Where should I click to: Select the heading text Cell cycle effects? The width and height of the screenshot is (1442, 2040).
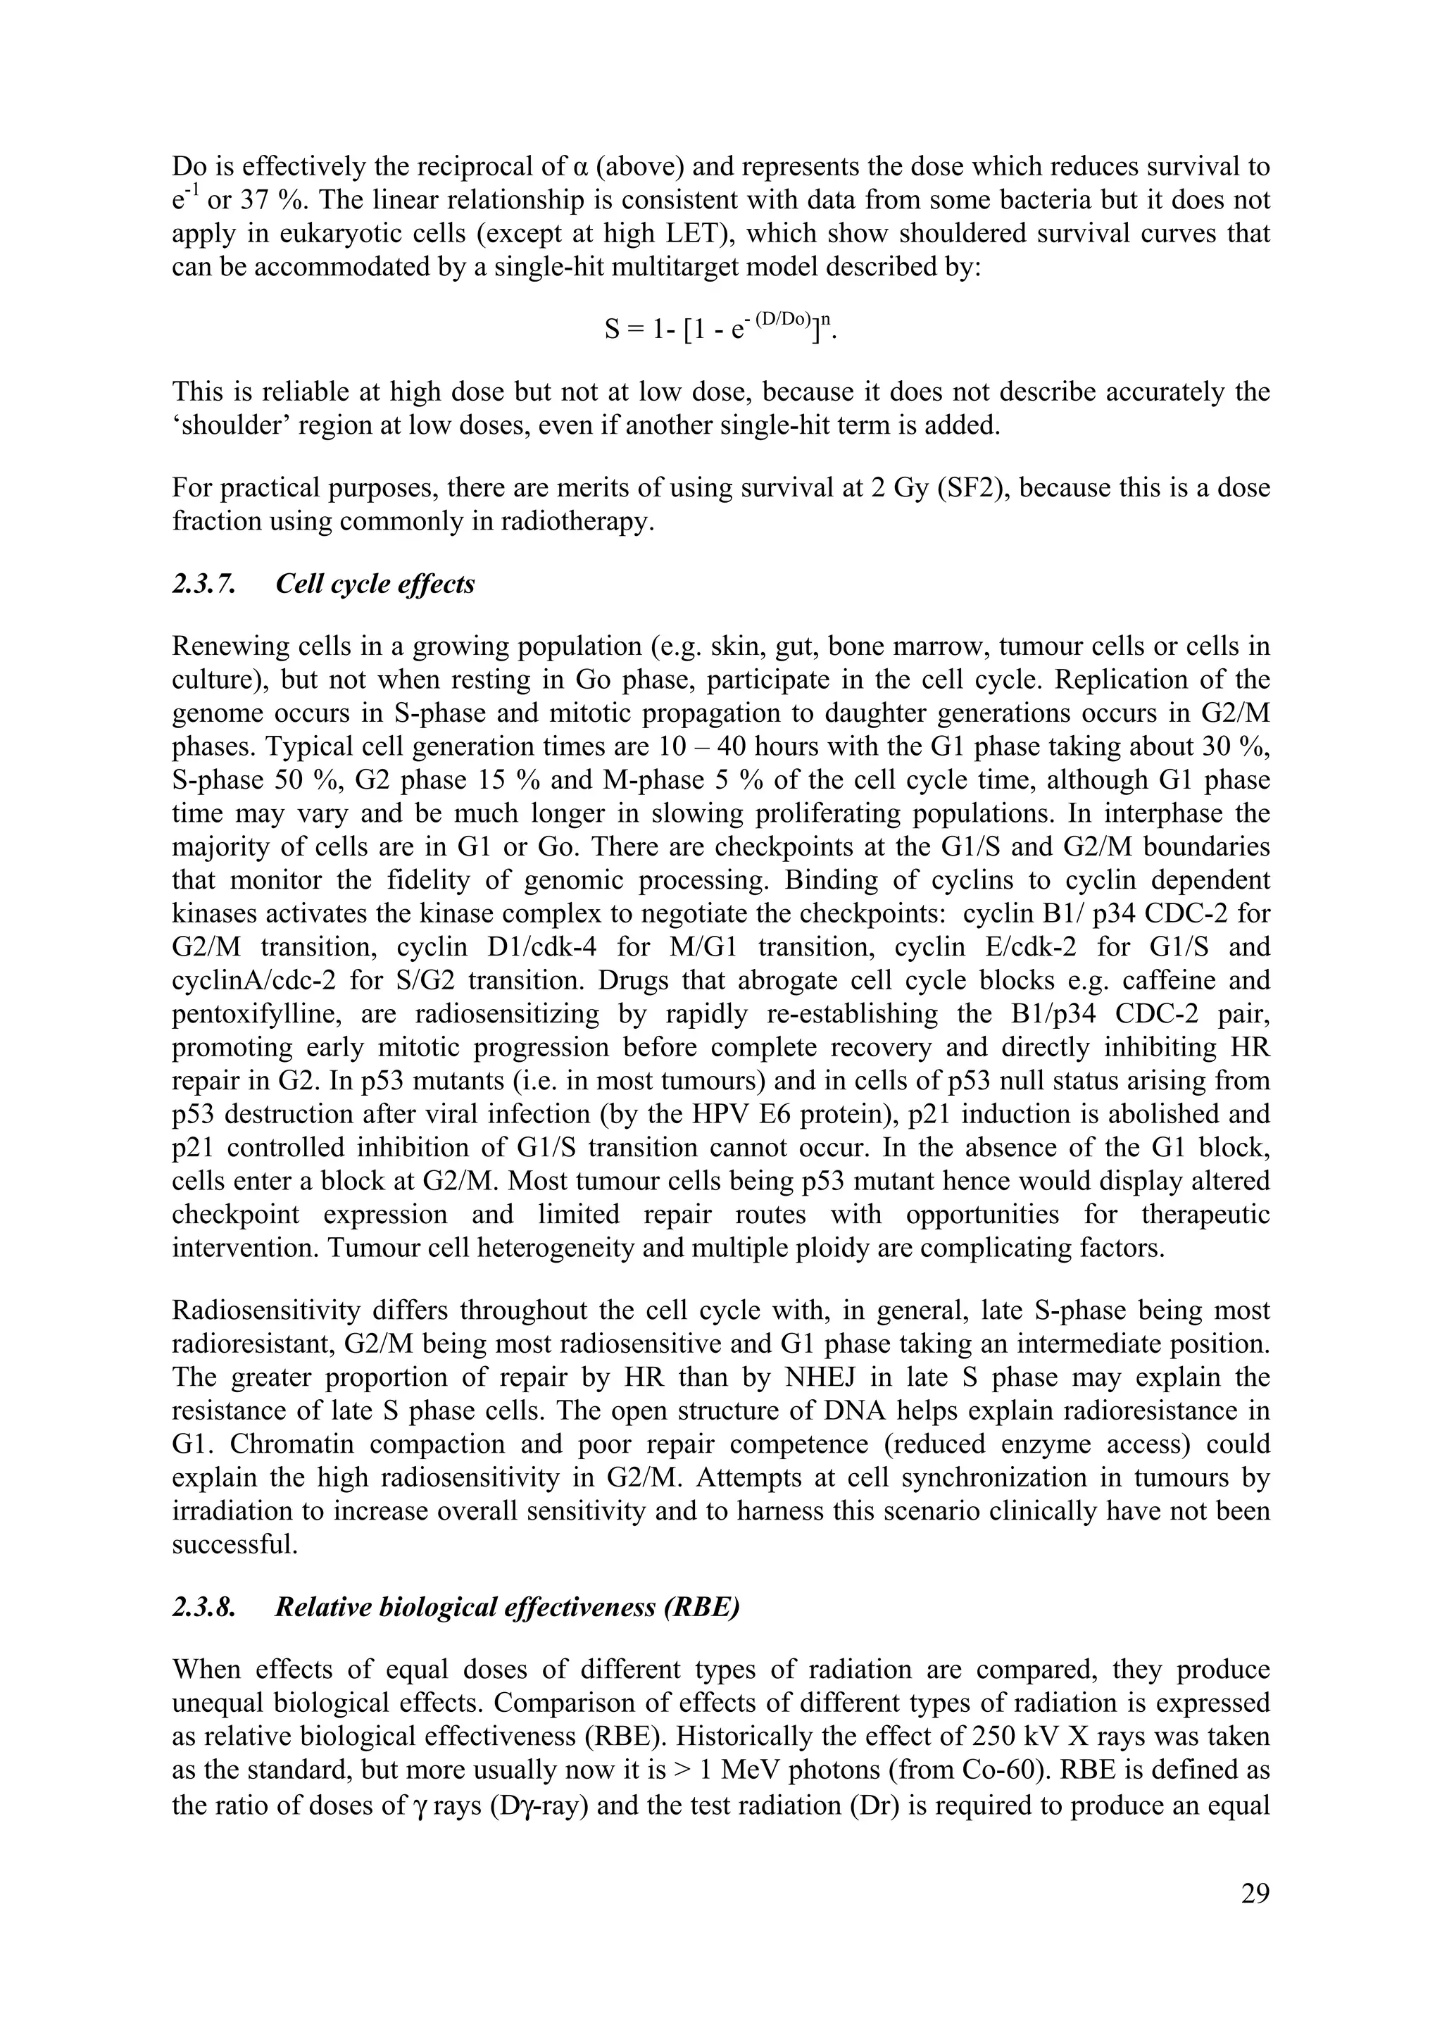pyautogui.click(x=375, y=584)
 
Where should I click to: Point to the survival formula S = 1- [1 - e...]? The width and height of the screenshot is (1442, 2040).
pyautogui.click(x=720, y=330)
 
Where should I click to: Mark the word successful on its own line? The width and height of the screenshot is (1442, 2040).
pyautogui.click(x=234, y=1544)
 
